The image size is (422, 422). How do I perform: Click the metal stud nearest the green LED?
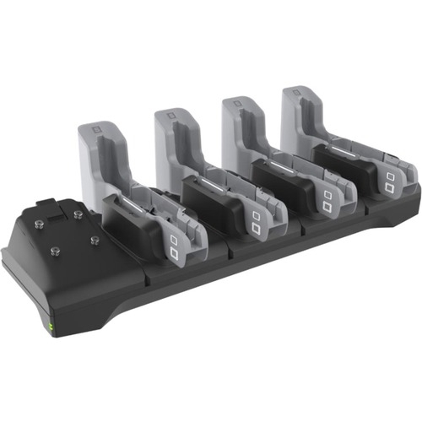pos(55,252)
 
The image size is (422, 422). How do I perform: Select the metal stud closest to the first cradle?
pos(95,241)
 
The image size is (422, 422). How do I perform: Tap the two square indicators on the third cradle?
pos(327,201)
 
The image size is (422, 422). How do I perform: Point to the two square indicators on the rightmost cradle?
pos(390,181)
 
